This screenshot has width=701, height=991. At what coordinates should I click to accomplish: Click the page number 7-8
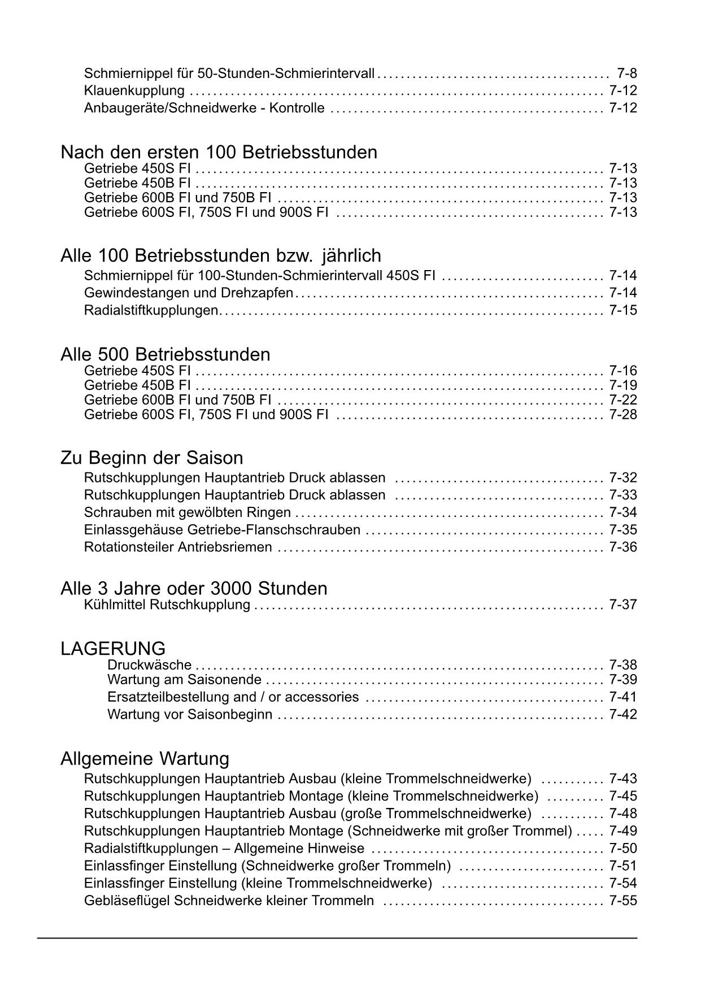[627, 73]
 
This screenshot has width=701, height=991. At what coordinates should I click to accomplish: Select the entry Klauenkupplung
[134, 91]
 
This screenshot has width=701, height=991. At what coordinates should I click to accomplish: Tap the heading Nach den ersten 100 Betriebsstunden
[219, 153]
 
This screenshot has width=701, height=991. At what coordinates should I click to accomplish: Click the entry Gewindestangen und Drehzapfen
[189, 293]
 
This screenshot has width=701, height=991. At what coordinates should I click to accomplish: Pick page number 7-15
[623, 310]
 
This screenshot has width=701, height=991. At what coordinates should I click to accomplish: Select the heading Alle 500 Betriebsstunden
[165, 355]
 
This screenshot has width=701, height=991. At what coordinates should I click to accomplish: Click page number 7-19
[623, 386]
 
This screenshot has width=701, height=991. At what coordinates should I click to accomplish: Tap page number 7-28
[623, 415]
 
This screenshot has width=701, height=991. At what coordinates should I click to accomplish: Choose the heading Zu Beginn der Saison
[151, 458]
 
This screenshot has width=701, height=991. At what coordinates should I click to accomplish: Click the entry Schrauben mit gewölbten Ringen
[187, 513]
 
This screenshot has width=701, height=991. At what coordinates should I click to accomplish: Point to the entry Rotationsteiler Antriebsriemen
[178, 547]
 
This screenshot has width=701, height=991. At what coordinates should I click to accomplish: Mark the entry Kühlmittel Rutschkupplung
[167, 605]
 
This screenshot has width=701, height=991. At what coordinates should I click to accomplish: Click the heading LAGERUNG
[113, 649]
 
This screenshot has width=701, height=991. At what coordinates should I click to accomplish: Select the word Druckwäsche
[149, 666]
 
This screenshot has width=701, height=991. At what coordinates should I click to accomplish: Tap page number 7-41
[623, 697]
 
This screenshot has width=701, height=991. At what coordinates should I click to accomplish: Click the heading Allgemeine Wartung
[145, 758]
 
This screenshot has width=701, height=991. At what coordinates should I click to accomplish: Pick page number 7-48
[623, 814]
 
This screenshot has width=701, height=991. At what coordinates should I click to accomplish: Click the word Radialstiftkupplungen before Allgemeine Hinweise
[151, 849]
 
